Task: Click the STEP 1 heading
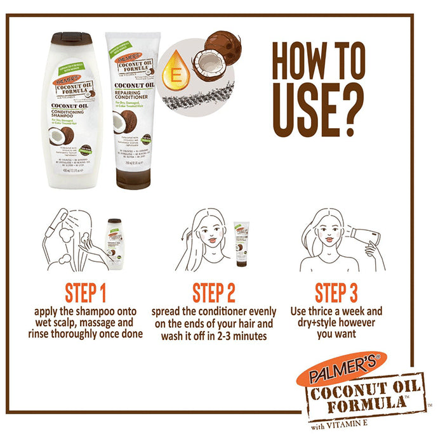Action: click(x=85, y=294)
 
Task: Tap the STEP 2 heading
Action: click(x=214, y=294)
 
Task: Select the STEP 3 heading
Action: click(x=336, y=294)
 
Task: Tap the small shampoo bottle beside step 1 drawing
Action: click(x=115, y=244)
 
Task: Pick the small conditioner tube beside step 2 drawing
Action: click(x=241, y=242)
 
